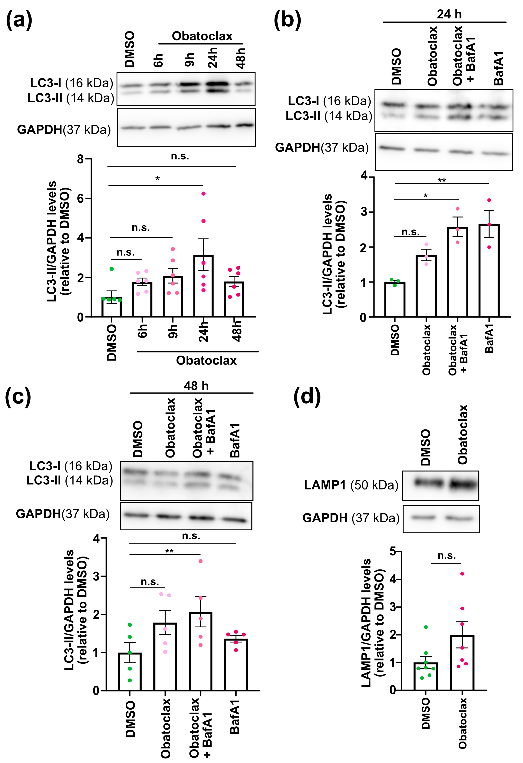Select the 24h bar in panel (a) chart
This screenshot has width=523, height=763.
tap(203, 286)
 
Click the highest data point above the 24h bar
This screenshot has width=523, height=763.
tap(203, 194)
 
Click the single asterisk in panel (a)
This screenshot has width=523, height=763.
tap(158, 179)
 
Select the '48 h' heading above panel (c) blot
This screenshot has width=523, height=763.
tap(196, 386)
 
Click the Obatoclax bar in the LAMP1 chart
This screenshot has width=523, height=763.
tap(462, 662)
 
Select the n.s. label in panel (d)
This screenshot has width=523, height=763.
tap(446, 556)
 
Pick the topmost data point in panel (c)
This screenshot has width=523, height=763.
tap(200, 561)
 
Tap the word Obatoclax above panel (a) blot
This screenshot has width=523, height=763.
tap(202, 36)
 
